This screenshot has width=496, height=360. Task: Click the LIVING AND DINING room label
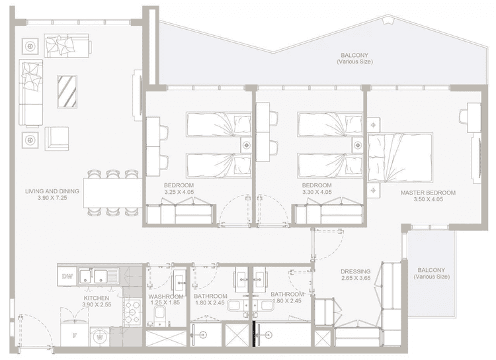(52, 192)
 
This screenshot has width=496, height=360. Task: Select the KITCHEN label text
(97, 298)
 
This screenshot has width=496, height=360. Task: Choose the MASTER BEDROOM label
(428, 193)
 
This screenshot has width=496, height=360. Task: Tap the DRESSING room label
(355, 271)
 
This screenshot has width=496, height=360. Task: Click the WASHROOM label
(165, 296)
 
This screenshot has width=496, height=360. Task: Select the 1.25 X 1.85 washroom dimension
(165, 303)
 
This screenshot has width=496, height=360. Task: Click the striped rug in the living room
(67, 91)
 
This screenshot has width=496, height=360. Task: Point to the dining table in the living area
(112, 193)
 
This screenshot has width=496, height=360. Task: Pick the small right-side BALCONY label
(433, 270)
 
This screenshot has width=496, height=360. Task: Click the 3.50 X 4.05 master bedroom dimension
(428, 199)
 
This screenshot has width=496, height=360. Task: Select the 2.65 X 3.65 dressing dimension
(355, 279)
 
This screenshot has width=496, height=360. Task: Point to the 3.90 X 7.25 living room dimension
(52, 199)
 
